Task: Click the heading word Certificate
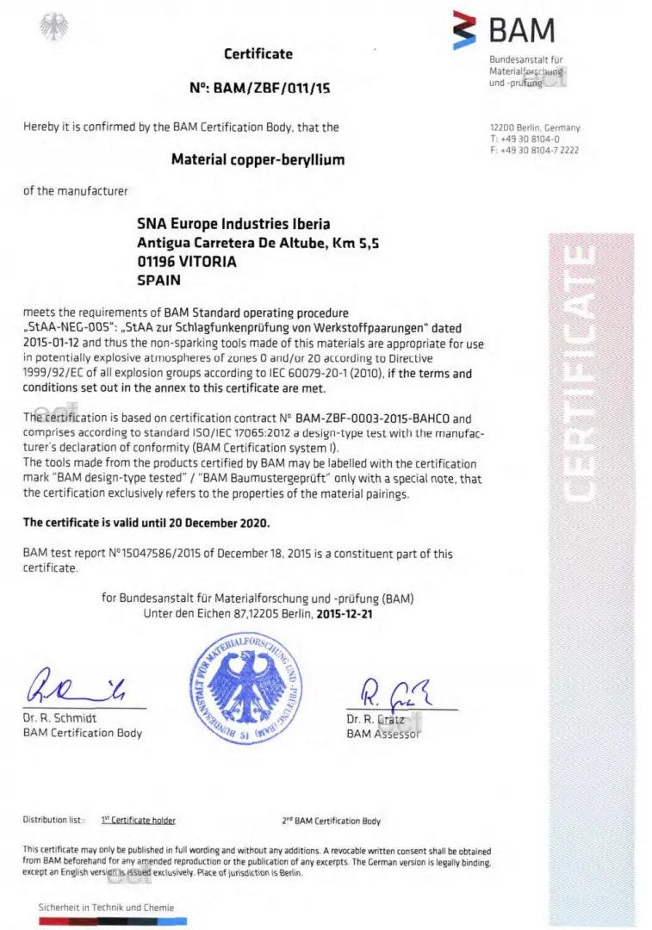coord(258,53)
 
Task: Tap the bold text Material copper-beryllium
coord(258,159)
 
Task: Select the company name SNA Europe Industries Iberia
coord(233,224)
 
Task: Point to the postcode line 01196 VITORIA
coord(187,261)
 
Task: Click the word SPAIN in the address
coord(159,279)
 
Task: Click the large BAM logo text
coord(522,30)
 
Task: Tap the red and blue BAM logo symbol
coord(466,31)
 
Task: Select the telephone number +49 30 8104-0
coord(530,139)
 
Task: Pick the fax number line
coord(534,150)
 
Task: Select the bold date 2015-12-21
coord(345,615)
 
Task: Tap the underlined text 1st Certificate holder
coord(138,821)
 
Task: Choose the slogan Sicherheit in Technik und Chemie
coord(106,907)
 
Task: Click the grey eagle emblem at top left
coord(53,28)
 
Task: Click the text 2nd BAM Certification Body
coord(331,821)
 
